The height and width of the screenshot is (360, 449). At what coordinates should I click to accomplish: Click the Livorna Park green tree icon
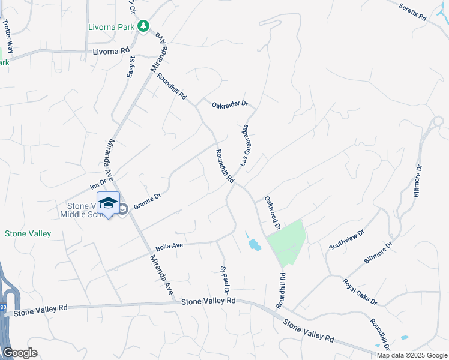click(x=143, y=26)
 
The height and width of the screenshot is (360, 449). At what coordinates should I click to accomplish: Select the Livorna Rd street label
click(x=111, y=52)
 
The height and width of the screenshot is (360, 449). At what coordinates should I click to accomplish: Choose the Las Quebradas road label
click(x=244, y=145)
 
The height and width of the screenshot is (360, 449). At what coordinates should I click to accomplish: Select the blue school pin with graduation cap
click(x=108, y=204)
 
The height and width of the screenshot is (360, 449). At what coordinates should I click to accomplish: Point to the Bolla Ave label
click(x=169, y=246)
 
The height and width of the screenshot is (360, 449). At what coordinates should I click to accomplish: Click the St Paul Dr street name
click(x=226, y=280)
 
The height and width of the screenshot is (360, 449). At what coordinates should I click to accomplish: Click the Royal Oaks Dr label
click(x=360, y=292)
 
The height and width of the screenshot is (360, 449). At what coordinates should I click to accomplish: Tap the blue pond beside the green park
click(x=254, y=244)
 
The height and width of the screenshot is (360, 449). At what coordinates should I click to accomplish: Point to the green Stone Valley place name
click(x=28, y=233)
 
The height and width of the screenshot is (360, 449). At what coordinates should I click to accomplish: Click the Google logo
click(x=20, y=353)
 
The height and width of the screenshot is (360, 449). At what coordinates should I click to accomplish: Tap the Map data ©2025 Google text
click(x=411, y=355)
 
